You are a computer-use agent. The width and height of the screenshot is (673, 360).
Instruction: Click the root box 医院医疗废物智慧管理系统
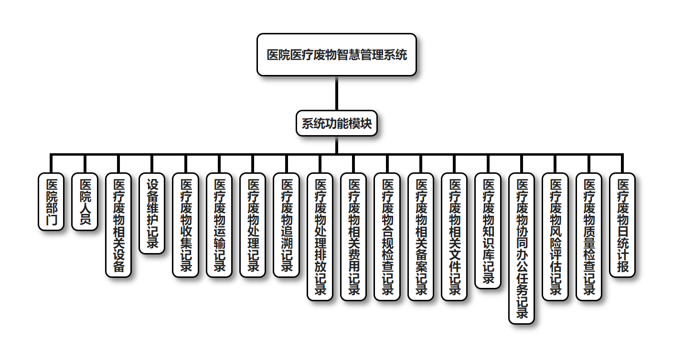click(337, 54)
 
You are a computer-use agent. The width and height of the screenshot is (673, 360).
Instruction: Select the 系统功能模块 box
click(337, 124)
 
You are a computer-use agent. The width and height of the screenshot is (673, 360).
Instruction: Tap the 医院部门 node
click(51, 201)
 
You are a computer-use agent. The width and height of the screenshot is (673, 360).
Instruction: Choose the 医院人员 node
click(85, 201)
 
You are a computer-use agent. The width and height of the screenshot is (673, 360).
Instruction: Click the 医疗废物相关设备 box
click(118, 224)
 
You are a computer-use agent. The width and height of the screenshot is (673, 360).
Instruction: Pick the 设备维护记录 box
click(152, 213)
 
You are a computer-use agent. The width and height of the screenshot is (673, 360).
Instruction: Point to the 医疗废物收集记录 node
click(185, 224)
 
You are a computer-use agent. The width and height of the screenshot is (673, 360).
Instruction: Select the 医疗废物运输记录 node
click(219, 224)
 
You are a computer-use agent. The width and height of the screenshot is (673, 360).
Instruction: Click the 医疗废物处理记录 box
click(253, 224)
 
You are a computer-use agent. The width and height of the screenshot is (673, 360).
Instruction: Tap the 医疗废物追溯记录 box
click(286, 224)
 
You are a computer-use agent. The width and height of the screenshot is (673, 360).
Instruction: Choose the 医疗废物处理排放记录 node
click(320, 236)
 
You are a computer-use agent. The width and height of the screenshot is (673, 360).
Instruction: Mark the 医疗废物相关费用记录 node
click(353, 236)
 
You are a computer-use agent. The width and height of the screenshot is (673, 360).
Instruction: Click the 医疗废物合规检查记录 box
click(387, 236)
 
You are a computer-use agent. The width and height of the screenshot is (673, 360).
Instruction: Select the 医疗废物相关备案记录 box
click(421, 236)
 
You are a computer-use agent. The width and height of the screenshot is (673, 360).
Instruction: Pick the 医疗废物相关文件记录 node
click(454, 236)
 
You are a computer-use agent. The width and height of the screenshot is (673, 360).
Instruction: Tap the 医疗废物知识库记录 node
click(488, 231)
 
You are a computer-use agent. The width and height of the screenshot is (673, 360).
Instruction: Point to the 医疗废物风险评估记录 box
click(555, 236)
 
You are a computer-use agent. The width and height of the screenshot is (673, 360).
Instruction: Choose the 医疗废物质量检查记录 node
click(589, 236)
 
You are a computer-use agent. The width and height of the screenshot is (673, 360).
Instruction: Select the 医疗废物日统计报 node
click(622, 224)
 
